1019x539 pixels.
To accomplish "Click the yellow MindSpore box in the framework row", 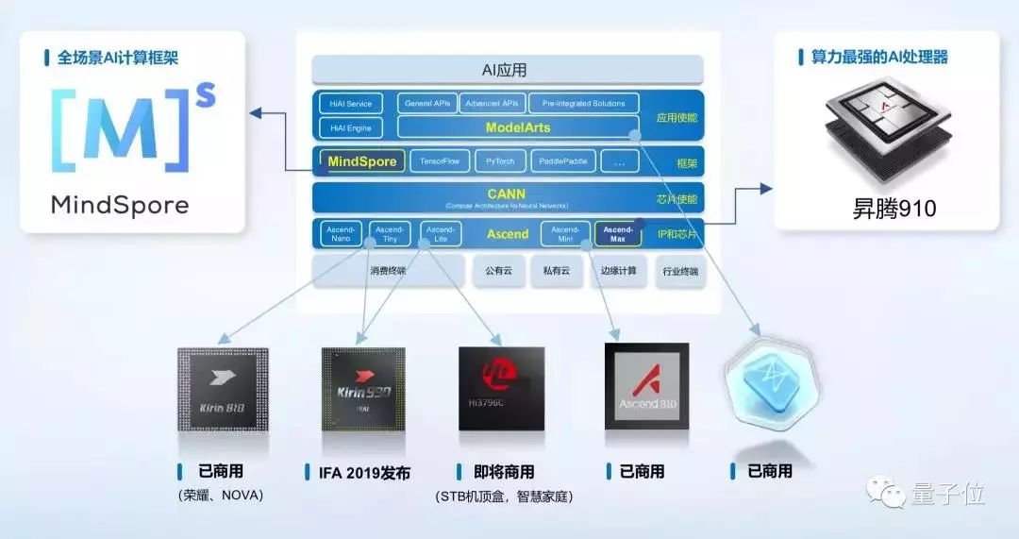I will pyautogui.click(x=363, y=161).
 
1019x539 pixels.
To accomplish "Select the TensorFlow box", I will pyautogui.click(x=440, y=161).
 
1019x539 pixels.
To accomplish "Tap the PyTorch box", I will pyautogui.click(x=500, y=161).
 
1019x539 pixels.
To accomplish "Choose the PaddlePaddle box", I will pyautogui.click(x=563, y=161).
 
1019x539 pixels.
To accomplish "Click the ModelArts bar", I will pyautogui.click(x=517, y=127).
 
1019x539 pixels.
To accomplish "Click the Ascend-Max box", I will pyautogui.click(x=618, y=233).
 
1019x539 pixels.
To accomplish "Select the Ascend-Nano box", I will pyautogui.click(x=341, y=233).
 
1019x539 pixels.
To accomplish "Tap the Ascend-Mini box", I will pyautogui.click(x=564, y=233).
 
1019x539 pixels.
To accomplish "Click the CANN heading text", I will pyautogui.click(x=507, y=194).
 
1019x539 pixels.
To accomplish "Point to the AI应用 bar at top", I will pyautogui.click(x=508, y=70).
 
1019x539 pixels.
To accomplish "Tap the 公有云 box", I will pyautogui.click(x=498, y=271).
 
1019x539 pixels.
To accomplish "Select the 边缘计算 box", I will pyautogui.click(x=618, y=271).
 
